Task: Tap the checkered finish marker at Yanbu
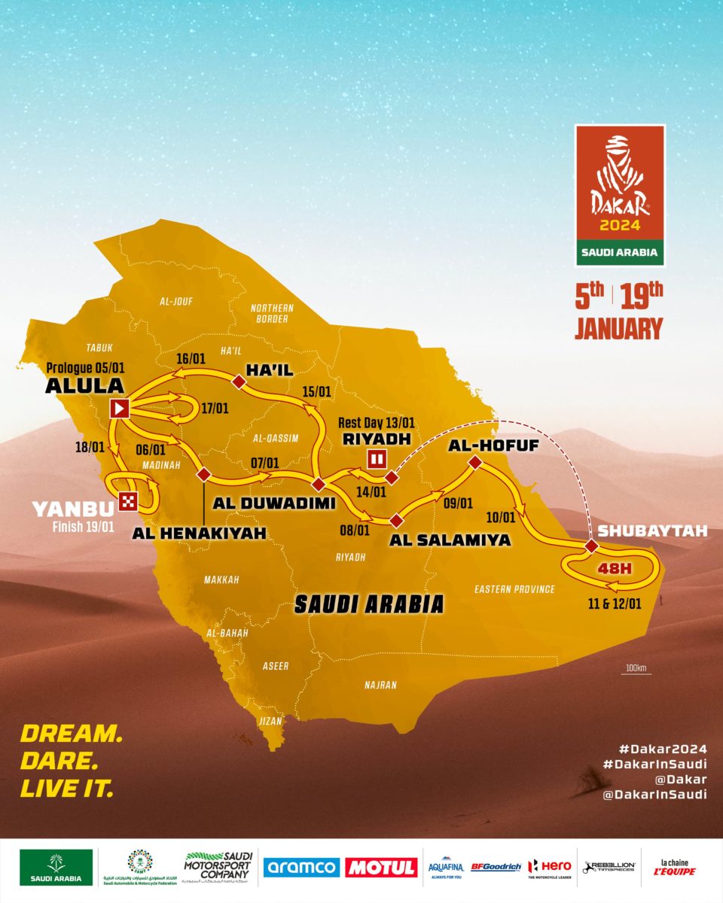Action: (129, 500)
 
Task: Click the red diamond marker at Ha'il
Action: (239, 383)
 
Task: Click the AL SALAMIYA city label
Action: (450, 540)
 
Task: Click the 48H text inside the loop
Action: (614, 568)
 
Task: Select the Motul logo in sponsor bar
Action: (381, 867)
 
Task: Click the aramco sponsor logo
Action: (301, 867)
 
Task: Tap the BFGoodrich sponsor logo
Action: (496, 867)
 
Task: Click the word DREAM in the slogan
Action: (71, 734)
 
